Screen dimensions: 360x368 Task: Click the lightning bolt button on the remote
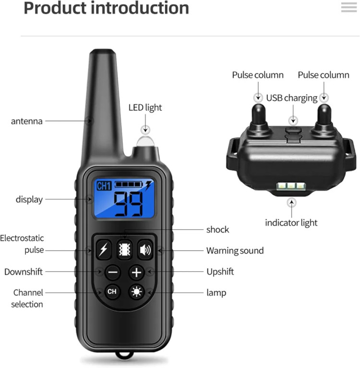click(x=104, y=249)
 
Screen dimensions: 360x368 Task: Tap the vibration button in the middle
click(x=124, y=249)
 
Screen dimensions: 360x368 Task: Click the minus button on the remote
click(x=113, y=272)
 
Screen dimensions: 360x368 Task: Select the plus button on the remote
click(x=136, y=272)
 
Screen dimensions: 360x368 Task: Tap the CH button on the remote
click(x=112, y=292)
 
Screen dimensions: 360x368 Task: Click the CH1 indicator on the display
click(x=104, y=186)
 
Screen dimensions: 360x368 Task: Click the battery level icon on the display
click(x=129, y=184)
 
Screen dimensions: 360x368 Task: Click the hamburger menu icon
click(x=349, y=7)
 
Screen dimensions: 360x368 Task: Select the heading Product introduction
click(x=106, y=8)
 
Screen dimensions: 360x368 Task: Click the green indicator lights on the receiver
click(x=291, y=186)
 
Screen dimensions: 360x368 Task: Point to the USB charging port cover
click(x=293, y=135)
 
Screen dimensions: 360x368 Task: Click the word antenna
click(x=27, y=122)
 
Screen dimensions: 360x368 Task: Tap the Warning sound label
click(x=235, y=251)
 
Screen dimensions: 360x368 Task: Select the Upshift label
click(x=220, y=272)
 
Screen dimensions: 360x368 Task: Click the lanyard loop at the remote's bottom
click(x=124, y=355)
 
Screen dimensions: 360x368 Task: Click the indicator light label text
click(x=291, y=223)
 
